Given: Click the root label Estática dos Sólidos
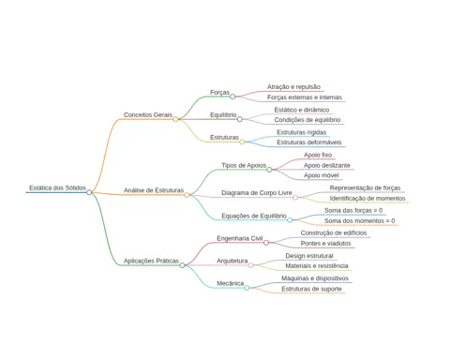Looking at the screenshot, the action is pyautogui.click(x=57, y=187).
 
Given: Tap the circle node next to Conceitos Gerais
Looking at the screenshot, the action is pyautogui.click(x=175, y=119).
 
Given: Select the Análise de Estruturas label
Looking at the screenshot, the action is pyautogui.click(x=154, y=190).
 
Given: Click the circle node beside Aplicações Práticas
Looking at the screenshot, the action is pyautogui.click(x=182, y=265).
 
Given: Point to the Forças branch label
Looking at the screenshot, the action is pyautogui.click(x=219, y=93).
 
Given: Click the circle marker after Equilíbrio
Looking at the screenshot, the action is pyautogui.click(x=240, y=119).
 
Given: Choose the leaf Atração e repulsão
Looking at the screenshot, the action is pyautogui.click(x=293, y=87).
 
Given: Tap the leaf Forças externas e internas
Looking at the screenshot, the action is pyautogui.click(x=305, y=97).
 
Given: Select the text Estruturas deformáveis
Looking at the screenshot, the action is pyautogui.click(x=309, y=142).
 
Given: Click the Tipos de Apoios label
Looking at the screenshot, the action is pyautogui.click(x=244, y=165).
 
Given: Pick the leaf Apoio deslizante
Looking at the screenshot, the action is pyautogui.click(x=327, y=165).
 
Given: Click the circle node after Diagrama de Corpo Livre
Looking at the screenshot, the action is pyautogui.click(x=295, y=197).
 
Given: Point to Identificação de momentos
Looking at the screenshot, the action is pyautogui.click(x=367, y=199).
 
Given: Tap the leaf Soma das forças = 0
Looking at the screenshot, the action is pyautogui.click(x=353, y=210).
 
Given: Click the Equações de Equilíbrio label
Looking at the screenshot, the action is pyautogui.click(x=254, y=216).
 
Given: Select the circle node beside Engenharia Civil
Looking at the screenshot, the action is pyautogui.click(x=266, y=243).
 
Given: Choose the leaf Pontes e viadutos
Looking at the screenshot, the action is pyautogui.click(x=325, y=243).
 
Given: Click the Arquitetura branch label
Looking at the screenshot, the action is pyautogui.click(x=232, y=261).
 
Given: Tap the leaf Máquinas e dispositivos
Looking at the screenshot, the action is pyautogui.click(x=315, y=278).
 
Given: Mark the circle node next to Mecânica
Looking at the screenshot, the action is pyautogui.click(x=247, y=288).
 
